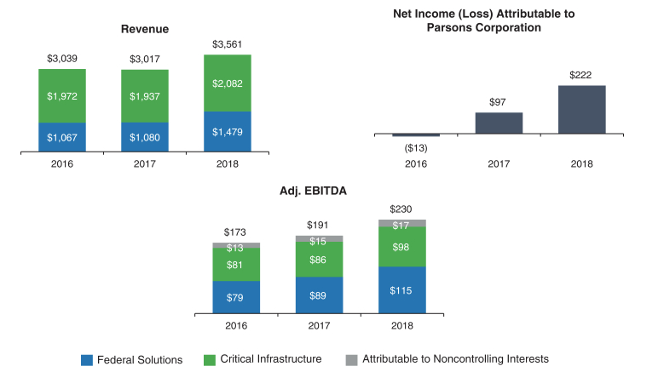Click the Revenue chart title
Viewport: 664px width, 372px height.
pos(144,29)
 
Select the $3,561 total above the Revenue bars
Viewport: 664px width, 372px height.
pos(228,45)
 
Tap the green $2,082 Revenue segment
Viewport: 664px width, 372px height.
pos(228,83)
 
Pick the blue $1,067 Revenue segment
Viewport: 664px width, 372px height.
pos(62,137)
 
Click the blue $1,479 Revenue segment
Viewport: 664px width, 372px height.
pos(228,131)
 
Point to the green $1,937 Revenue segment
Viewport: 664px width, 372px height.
pos(145,96)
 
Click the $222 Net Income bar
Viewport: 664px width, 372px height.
pos(581,109)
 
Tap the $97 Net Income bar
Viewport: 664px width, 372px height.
pos(499,123)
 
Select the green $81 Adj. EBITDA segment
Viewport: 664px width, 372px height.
pos(236,265)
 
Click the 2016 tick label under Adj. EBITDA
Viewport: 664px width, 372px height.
pos(236,326)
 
